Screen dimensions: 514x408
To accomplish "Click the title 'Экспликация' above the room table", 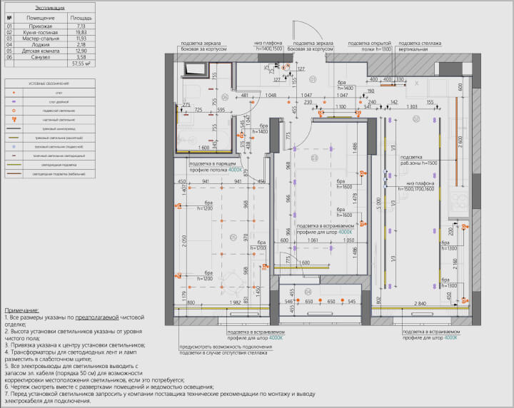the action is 49,7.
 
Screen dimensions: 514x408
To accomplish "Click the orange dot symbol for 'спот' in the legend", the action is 15,93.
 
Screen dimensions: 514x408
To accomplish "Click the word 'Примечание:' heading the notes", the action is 22,311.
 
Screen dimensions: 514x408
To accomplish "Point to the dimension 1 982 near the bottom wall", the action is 219,303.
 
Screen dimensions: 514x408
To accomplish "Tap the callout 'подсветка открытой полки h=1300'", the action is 370,46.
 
